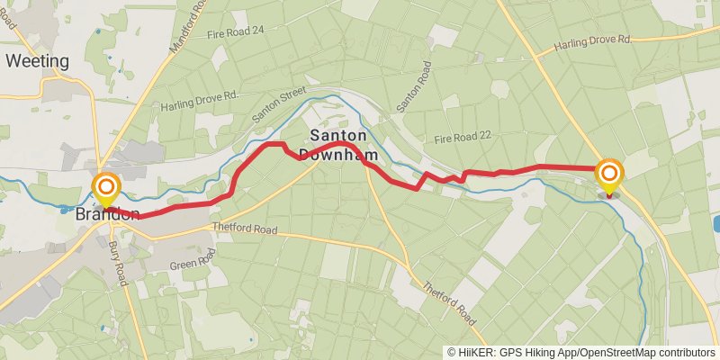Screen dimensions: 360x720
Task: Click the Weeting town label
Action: click(37, 61)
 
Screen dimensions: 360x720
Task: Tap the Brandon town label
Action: click(106, 214)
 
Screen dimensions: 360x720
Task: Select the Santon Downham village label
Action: click(340, 144)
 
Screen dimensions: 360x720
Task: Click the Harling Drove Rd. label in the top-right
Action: click(594, 41)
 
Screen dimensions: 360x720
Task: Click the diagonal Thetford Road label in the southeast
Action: click(449, 301)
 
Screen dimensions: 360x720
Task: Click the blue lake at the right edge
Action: click(715, 223)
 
